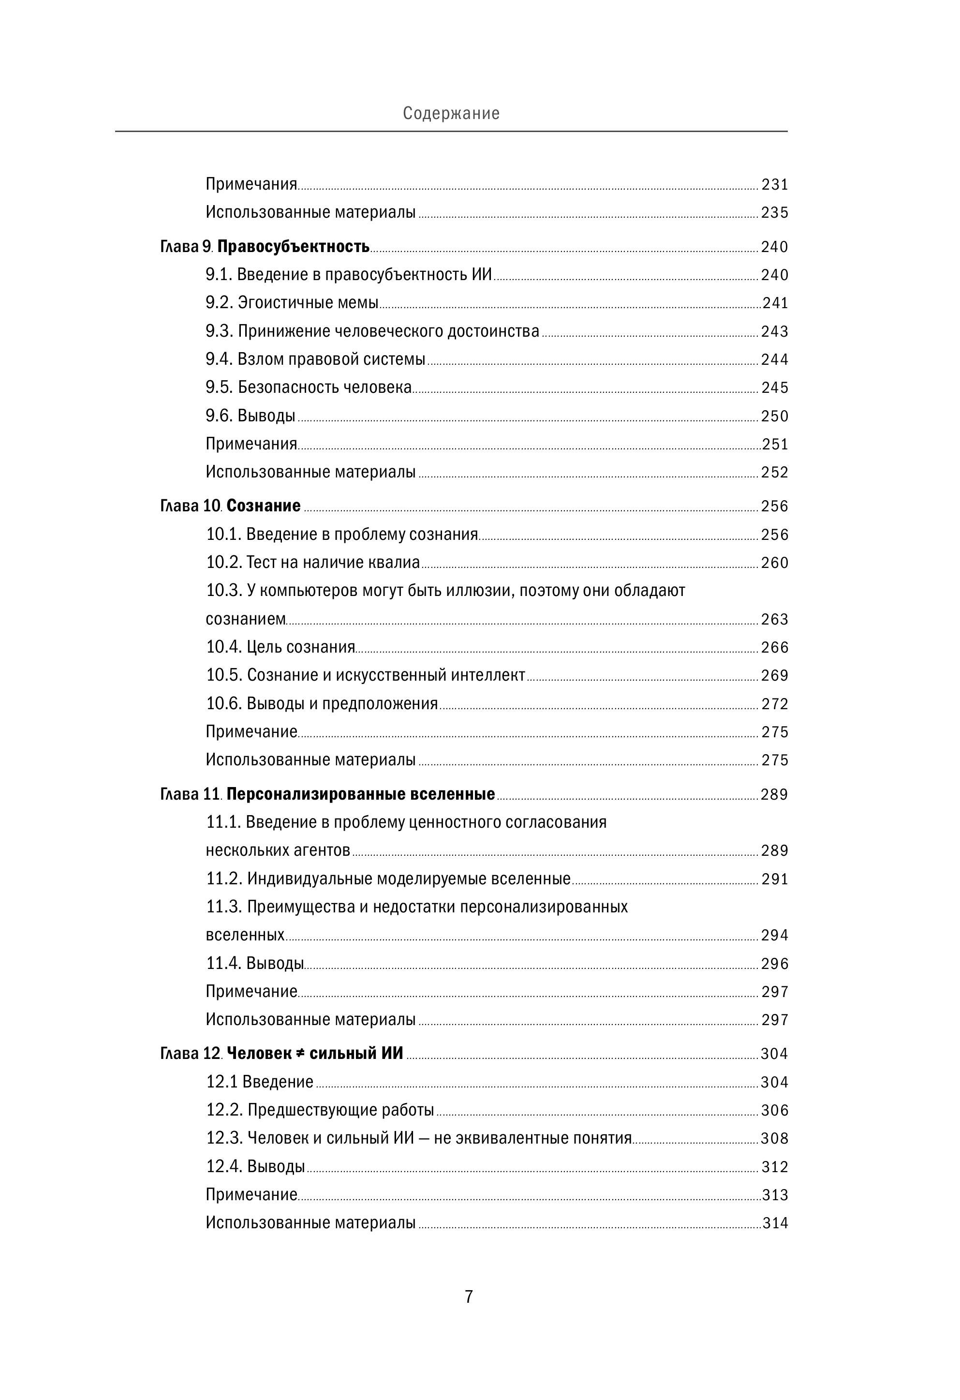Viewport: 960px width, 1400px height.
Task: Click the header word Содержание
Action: tap(451, 113)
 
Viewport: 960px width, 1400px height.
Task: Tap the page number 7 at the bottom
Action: tap(469, 1296)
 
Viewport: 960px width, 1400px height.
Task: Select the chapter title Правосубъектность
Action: tap(293, 246)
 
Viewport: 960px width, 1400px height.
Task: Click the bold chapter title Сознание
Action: tap(263, 506)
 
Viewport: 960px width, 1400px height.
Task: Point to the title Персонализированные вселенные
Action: tap(360, 794)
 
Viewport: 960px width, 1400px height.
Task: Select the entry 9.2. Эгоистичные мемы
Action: tap(292, 302)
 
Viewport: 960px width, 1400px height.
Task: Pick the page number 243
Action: tap(774, 331)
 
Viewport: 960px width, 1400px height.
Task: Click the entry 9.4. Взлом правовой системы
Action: tap(316, 359)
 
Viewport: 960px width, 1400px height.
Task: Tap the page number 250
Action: tap(774, 416)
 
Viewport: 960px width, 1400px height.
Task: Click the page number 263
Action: tap(774, 619)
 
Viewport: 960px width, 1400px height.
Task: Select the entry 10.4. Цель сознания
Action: tap(281, 647)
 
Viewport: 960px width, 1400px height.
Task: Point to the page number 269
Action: tap(774, 675)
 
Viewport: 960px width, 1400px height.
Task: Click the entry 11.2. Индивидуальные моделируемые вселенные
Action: tap(388, 879)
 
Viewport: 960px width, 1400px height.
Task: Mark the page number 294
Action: tap(774, 935)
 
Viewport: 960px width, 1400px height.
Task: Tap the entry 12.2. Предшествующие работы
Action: tap(320, 1110)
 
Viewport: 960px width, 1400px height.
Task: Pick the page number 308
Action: tap(774, 1138)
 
